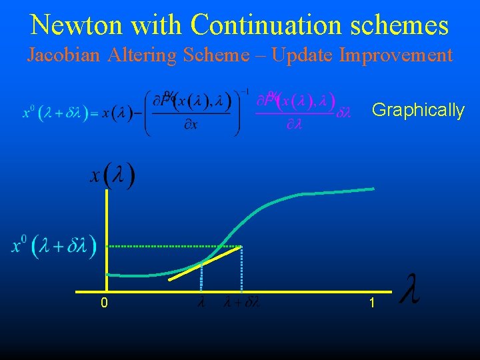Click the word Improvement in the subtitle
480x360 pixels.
click(396, 55)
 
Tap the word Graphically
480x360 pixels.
click(418, 110)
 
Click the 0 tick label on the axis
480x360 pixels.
click(104, 303)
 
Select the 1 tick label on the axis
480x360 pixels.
click(372, 303)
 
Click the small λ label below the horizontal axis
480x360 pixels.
click(201, 303)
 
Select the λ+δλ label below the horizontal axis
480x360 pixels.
click(242, 303)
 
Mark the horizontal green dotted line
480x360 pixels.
click(173, 246)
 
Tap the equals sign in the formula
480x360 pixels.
click(95, 113)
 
